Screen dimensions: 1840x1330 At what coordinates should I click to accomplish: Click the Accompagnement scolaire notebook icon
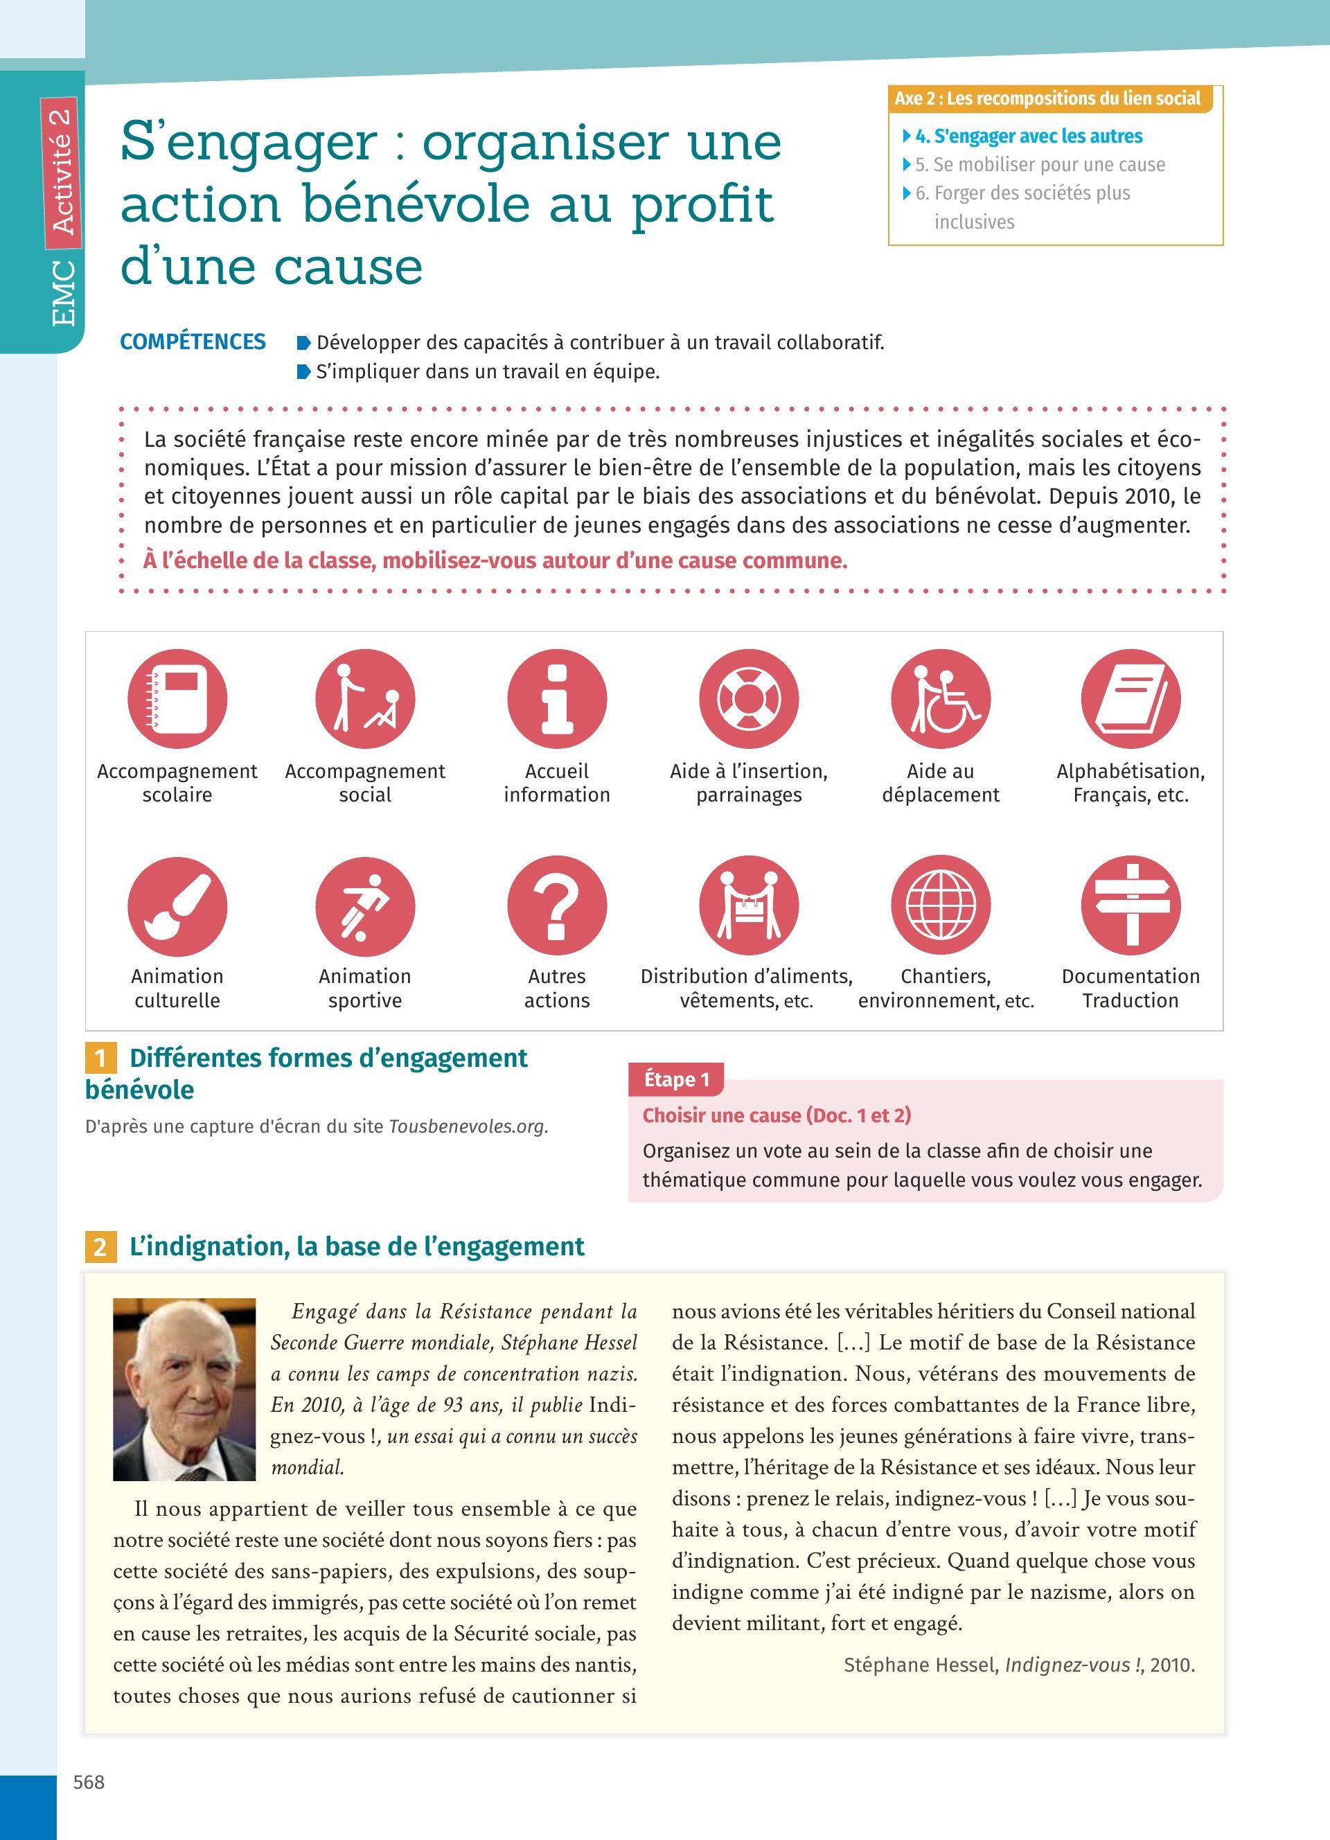click(x=177, y=698)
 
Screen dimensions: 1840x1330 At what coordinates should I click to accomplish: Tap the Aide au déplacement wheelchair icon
click(x=941, y=698)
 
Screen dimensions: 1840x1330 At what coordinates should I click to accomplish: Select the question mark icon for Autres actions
click(x=557, y=905)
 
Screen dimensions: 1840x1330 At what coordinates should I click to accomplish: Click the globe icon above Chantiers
click(x=941, y=905)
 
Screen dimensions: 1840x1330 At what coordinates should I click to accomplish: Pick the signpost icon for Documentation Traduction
click(x=1130, y=905)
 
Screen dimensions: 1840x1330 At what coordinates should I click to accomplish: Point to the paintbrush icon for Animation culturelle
click(x=177, y=906)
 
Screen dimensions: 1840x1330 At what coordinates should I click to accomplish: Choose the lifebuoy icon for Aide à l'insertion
click(x=749, y=698)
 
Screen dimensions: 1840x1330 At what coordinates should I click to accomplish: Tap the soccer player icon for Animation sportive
click(x=365, y=906)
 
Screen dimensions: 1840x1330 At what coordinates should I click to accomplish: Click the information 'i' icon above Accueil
click(x=557, y=698)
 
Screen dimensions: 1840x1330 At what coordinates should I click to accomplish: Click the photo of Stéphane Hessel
click(x=184, y=1389)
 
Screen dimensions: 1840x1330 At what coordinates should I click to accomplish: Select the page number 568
click(x=89, y=1782)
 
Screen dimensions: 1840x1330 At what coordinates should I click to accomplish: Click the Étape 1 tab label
click(x=676, y=1079)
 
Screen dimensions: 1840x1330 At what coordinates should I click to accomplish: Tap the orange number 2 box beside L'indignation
click(x=100, y=1246)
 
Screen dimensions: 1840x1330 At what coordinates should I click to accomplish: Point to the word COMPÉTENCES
click(x=193, y=342)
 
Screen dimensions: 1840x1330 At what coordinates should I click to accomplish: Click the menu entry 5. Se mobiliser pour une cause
click(x=1040, y=165)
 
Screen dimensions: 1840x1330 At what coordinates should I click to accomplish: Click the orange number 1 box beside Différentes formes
click(x=100, y=1058)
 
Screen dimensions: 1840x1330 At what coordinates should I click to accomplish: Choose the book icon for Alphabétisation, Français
click(x=1130, y=698)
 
